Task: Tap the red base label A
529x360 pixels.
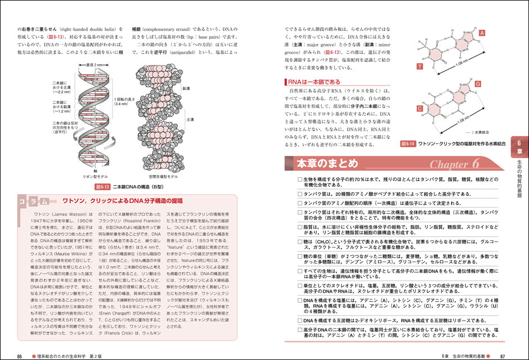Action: (x=482, y=34)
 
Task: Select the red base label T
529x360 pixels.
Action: (x=419, y=67)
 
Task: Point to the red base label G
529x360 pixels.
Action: (x=478, y=84)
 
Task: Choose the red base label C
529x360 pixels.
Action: (x=419, y=108)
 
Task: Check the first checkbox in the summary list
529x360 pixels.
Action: (x=300, y=179)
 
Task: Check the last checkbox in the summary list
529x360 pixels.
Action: (x=300, y=330)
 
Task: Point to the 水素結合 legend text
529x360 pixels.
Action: (x=485, y=133)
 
